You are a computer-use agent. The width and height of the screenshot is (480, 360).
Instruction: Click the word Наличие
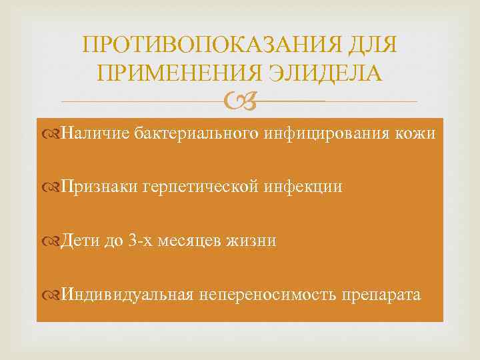pos(93,134)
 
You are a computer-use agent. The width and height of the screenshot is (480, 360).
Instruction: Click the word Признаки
pos(99,187)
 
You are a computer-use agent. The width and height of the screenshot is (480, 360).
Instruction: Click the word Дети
pos(81,241)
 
